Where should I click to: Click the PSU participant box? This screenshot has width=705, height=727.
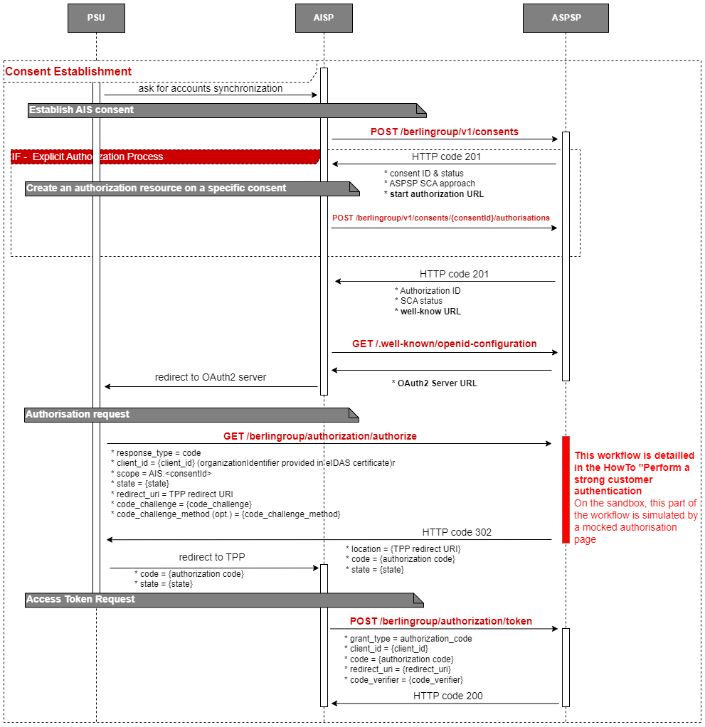point(96,18)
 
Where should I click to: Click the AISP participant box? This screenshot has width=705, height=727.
point(324,18)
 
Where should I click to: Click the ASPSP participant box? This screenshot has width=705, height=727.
point(566,18)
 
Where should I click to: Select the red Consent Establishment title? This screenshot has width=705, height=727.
point(68,72)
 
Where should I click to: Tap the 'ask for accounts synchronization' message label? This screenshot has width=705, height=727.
point(211,89)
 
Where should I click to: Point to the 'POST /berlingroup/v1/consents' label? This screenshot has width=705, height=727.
point(444,132)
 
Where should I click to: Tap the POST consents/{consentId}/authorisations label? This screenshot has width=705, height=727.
point(440,218)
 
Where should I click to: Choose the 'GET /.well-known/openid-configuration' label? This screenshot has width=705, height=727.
point(444,344)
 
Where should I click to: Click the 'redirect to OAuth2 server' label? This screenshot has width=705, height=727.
point(211,377)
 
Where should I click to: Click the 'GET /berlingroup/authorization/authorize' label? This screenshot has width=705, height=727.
point(320,435)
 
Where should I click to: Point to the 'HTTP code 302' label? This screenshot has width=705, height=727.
point(457,532)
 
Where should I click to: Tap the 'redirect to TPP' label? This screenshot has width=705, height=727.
point(212,557)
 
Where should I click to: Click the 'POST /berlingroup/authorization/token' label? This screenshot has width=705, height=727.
point(441,621)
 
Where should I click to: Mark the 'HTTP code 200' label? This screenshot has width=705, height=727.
point(448,696)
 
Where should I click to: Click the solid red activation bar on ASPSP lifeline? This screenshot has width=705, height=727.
point(566,489)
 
